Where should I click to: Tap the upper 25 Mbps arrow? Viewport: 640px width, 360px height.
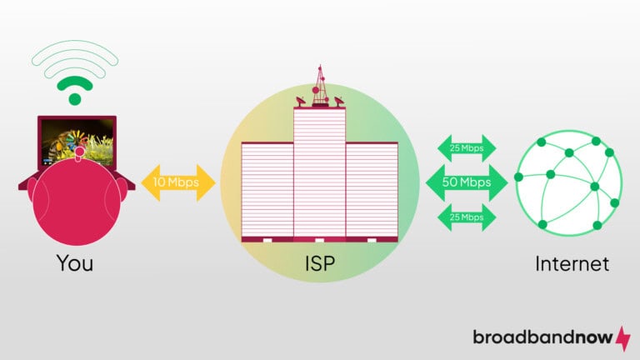pos(466,148)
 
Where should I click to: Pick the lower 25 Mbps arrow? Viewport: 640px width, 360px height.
pos(466,217)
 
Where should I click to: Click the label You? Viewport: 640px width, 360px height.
pos(75,264)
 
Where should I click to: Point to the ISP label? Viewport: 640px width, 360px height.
pos(319,264)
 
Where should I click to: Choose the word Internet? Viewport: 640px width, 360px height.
pos(572,264)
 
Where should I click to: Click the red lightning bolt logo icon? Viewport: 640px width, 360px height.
pos(622,337)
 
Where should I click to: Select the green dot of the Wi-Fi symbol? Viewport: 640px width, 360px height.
pos(75,99)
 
